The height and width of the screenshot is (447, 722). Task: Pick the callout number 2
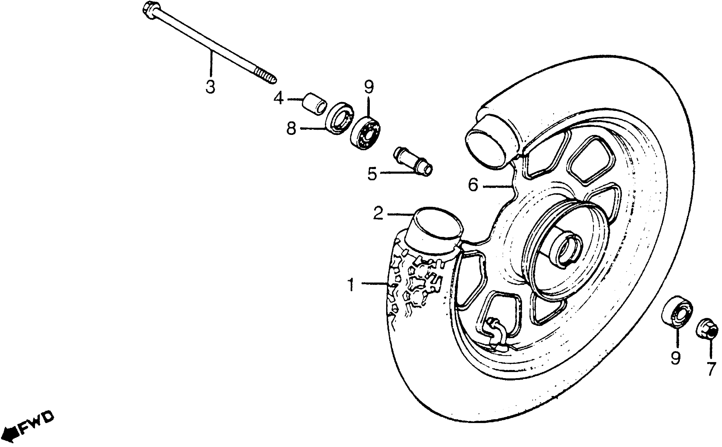coord(378,214)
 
